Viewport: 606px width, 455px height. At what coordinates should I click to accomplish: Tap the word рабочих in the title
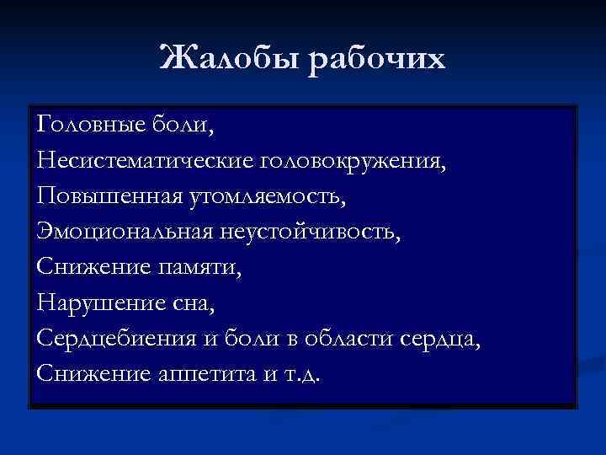click(375, 59)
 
